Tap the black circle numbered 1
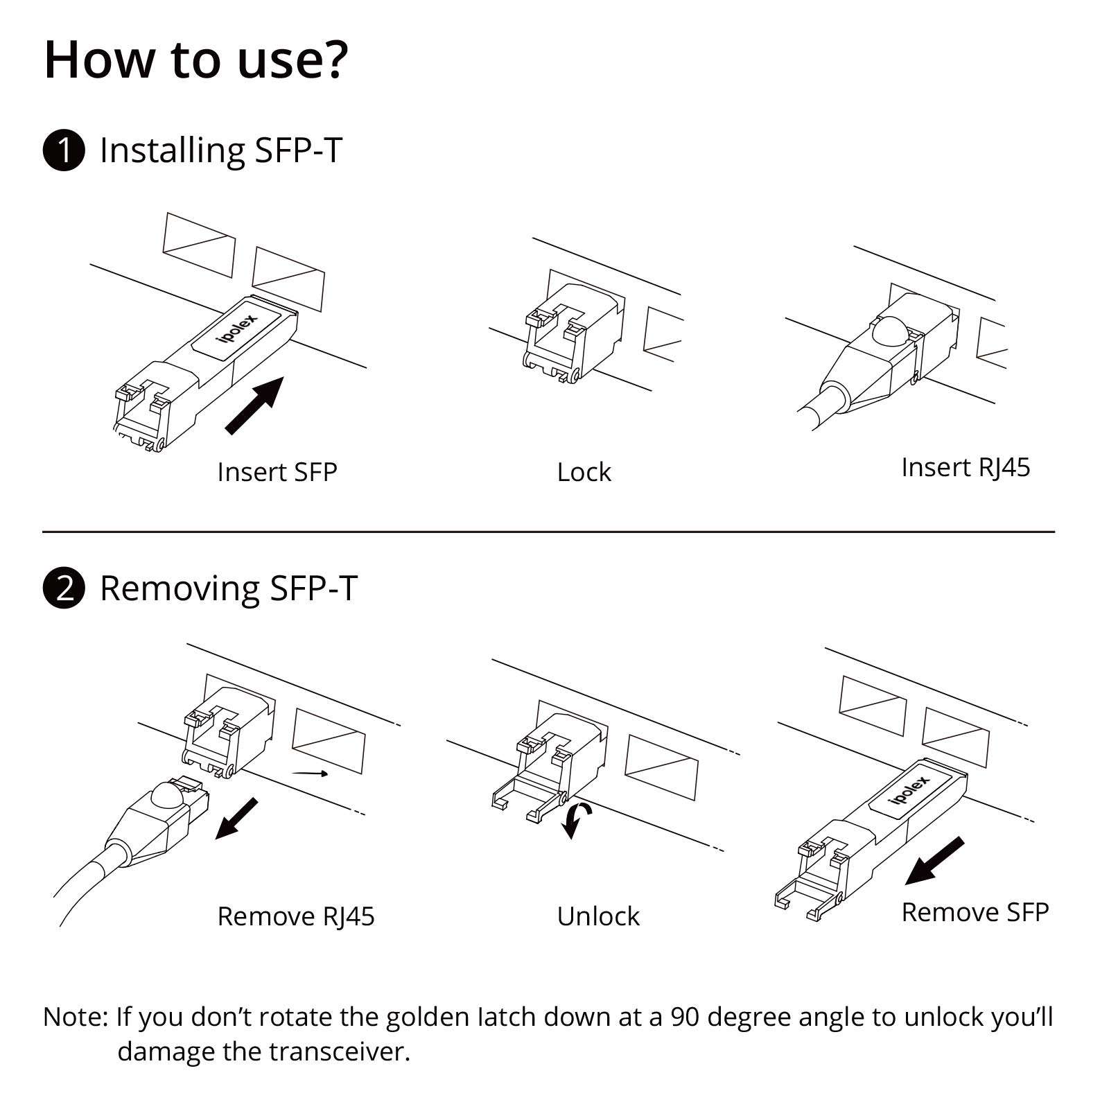pyautogui.click(x=64, y=150)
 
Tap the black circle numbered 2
pyautogui.click(x=64, y=588)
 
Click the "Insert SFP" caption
pyautogui.click(x=277, y=472)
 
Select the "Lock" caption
pyautogui.click(x=584, y=472)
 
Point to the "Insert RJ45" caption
pyautogui.click(x=965, y=467)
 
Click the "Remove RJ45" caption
pyautogui.click(x=295, y=916)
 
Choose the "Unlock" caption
pyautogui.click(x=597, y=916)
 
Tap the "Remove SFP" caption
pyautogui.click(x=975, y=912)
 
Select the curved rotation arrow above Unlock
pyautogui.click(x=577, y=820)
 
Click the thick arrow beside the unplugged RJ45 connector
pyautogui.click(x=236, y=819)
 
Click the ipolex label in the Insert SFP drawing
pyautogui.click(x=237, y=329)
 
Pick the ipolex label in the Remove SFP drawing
pyautogui.click(x=909, y=789)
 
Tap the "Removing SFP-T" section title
pyautogui.click(x=228, y=588)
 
